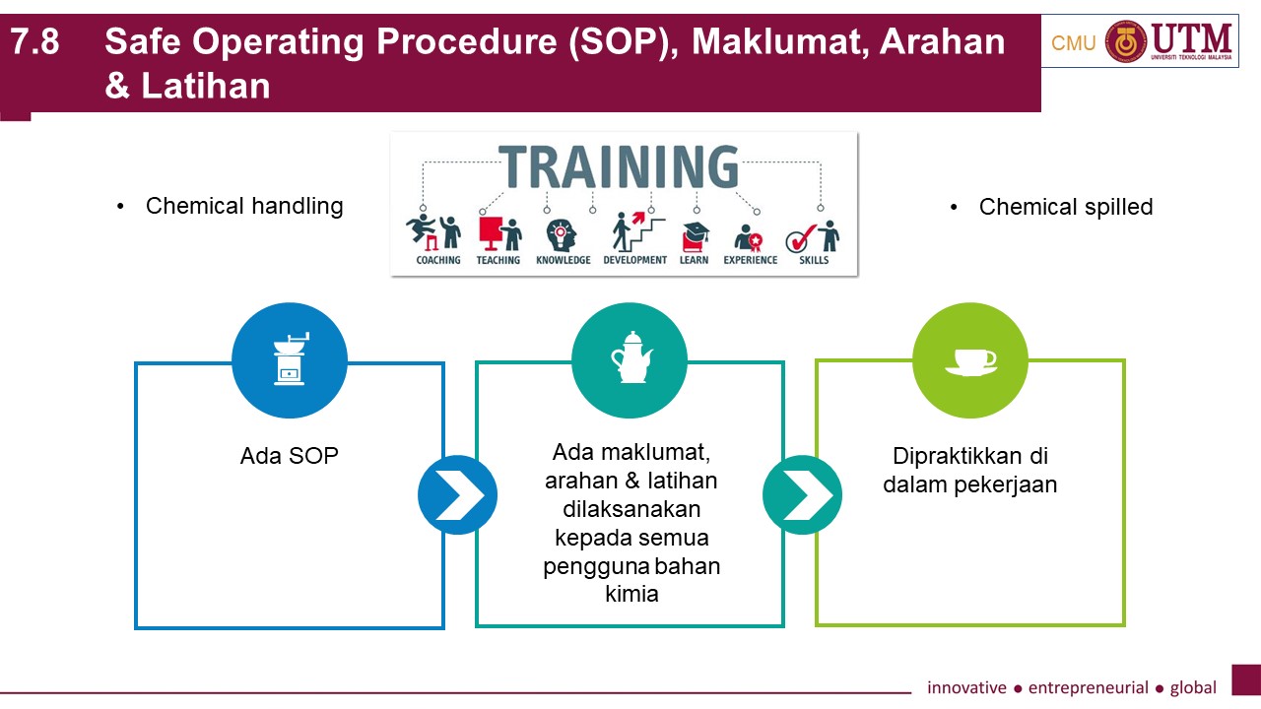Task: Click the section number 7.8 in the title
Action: [34, 41]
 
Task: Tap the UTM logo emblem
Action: [1126, 41]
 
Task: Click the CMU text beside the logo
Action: [1074, 43]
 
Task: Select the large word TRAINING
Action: [618, 166]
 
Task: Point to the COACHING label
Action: [438, 260]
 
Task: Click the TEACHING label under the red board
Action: [498, 260]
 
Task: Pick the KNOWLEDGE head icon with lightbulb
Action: [562, 235]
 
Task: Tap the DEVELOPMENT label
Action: [635, 260]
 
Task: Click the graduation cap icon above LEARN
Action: [696, 230]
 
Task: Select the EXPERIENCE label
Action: [751, 260]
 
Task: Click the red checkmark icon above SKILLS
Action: [801, 238]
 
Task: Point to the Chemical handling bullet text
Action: [244, 207]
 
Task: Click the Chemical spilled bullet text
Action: [1066, 207]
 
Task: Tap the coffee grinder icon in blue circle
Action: [291, 359]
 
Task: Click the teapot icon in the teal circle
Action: [631, 357]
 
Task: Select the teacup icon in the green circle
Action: [971, 361]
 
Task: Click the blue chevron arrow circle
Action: [457, 494]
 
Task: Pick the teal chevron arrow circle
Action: [802, 494]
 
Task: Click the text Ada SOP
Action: [290, 456]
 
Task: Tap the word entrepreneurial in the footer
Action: [1089, 687]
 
